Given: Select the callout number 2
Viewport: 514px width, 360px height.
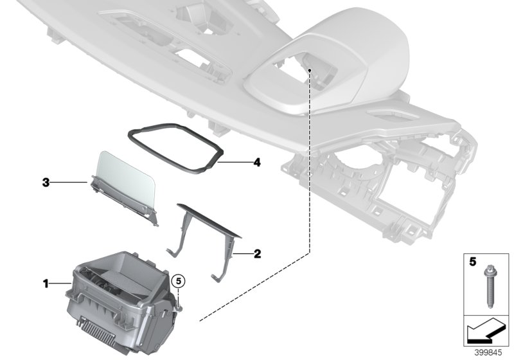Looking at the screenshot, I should [x=257, y=254].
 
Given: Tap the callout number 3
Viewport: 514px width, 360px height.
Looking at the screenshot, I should [x=46, y=183].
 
